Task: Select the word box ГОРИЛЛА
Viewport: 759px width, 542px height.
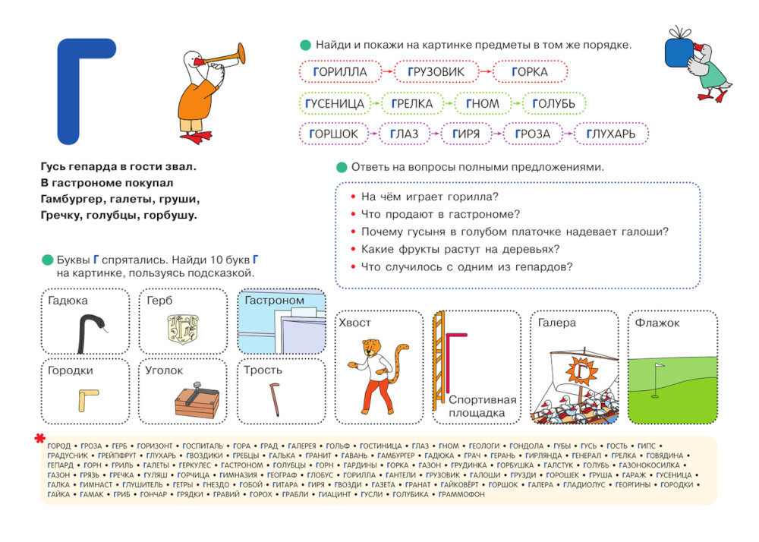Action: [x=339, y=72]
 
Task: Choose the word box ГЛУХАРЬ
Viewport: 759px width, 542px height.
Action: [x=616, y=134]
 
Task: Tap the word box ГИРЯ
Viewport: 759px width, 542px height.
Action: [x=465, y=134]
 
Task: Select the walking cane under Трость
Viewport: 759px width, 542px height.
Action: [x=274, y=399]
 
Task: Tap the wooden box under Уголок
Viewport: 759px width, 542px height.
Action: [x=196, y=402]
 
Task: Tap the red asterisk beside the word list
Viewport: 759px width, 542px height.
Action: [x=39, y=439]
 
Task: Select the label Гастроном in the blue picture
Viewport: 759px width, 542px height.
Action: [x=274, y=301]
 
